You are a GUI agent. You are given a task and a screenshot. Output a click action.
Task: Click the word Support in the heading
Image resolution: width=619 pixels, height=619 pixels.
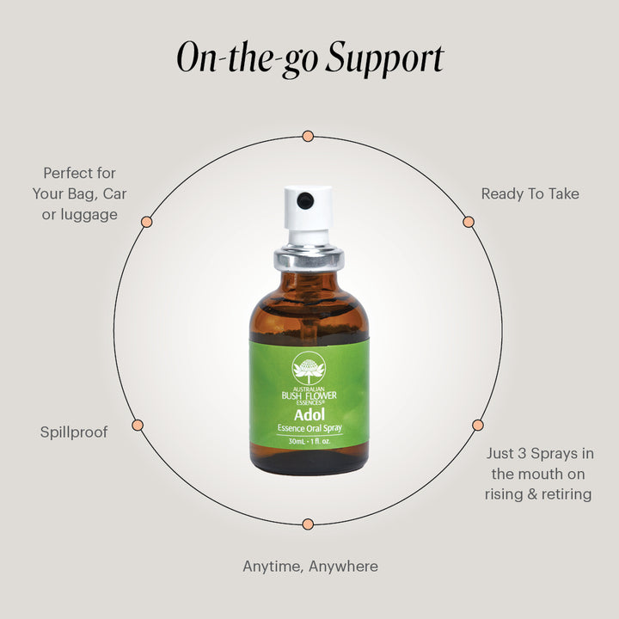385,59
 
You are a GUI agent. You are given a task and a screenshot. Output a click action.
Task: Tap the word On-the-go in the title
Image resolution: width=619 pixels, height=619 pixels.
247,59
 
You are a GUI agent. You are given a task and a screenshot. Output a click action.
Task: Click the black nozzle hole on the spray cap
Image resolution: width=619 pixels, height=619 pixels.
305,200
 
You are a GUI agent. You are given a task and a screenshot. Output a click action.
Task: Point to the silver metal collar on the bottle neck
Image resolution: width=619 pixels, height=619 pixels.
309,259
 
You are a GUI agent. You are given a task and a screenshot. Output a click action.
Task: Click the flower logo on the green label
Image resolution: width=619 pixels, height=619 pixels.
309,368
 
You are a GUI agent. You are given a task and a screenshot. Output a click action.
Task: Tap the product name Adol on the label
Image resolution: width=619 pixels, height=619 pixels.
309,415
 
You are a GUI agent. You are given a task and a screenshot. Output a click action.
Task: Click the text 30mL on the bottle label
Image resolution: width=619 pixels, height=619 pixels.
297,441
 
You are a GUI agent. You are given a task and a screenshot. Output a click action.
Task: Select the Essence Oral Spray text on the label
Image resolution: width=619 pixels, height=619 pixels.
309,428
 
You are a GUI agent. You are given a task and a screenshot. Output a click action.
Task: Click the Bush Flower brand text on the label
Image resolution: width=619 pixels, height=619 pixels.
309,395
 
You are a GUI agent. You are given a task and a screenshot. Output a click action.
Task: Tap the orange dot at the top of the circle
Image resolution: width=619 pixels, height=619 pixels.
308,136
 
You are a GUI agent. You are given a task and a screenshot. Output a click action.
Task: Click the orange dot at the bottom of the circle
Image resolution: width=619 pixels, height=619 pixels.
308,524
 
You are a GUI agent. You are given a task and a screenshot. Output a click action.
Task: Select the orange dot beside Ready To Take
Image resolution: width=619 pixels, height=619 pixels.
469,222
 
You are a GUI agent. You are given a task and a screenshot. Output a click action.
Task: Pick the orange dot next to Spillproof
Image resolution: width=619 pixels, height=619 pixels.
138,426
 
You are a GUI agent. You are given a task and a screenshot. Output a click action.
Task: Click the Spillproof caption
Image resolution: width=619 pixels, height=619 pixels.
74,432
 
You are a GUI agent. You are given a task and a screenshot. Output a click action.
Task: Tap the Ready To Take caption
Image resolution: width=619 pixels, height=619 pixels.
530,193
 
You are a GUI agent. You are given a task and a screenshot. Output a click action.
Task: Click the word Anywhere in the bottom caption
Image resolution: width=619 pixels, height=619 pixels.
343,567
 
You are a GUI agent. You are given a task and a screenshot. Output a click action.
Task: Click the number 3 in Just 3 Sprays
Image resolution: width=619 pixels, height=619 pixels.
522,454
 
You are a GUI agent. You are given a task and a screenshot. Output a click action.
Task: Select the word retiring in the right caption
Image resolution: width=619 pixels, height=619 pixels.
567,494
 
